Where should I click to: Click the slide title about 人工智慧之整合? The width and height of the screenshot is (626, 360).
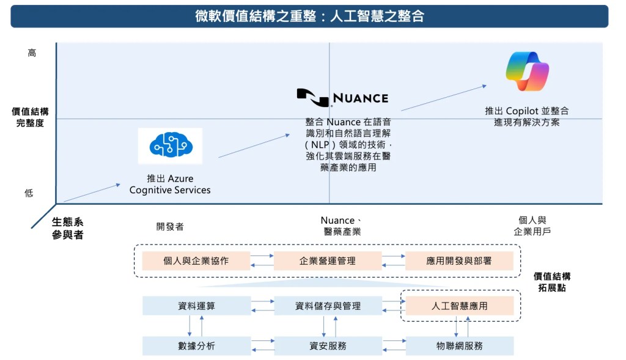click(309, 16)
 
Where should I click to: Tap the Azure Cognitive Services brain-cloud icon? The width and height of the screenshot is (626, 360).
click(170, 146)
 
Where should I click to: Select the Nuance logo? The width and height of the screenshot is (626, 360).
click(342, 97)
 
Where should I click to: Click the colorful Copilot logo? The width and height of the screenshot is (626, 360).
click(527, 72)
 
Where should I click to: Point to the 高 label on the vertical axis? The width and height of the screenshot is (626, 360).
click(32, 53)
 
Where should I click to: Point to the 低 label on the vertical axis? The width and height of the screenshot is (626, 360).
click(29, 193)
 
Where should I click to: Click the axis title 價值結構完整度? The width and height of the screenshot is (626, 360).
click(30, 117)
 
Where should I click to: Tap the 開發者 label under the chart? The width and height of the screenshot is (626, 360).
click(170, 226)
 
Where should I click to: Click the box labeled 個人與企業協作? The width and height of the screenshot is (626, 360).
click(196, 260)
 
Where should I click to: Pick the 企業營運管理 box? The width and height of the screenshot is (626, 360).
click(328, 260)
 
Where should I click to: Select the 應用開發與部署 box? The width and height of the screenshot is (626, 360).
click(459, 260)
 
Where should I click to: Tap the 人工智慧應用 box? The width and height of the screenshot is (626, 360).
click(459, 306)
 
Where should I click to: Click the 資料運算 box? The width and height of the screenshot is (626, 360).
click(196, 306)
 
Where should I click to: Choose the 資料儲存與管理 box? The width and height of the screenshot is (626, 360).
click(328, 306)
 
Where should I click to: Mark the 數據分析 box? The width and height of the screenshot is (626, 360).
click(196, 346)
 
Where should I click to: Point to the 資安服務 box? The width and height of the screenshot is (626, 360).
click(328, 346)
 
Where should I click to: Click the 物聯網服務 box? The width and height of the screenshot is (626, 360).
click(459, 346)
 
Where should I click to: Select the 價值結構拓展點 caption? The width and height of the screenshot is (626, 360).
click(552, 282)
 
